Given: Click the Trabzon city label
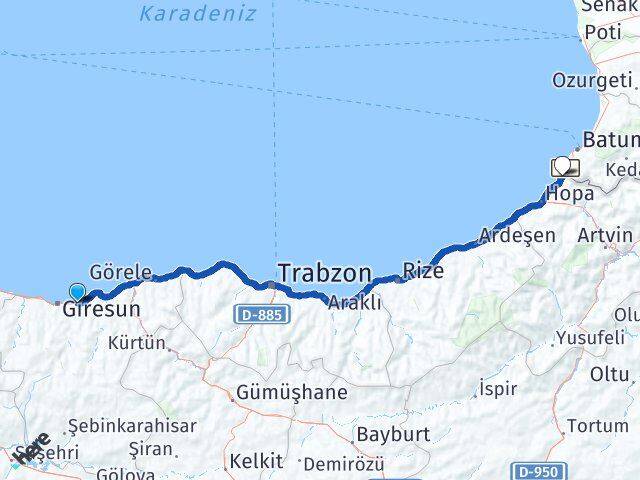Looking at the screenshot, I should point(325,273).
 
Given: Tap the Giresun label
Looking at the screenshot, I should point(101,310).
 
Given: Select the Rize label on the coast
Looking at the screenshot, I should point(422,269).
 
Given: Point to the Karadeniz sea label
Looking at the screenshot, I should point(197,14).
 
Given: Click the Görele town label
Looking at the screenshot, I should point(121,272).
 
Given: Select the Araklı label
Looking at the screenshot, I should point(355,303).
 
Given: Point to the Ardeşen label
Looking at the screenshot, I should point(517,236).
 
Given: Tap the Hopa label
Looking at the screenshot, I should point(570,193).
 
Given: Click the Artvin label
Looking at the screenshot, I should point(605,236).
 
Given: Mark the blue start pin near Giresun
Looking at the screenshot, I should point(78,293).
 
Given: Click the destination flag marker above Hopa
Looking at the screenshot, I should point(564,167).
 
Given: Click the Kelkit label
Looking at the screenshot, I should point(251,461).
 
